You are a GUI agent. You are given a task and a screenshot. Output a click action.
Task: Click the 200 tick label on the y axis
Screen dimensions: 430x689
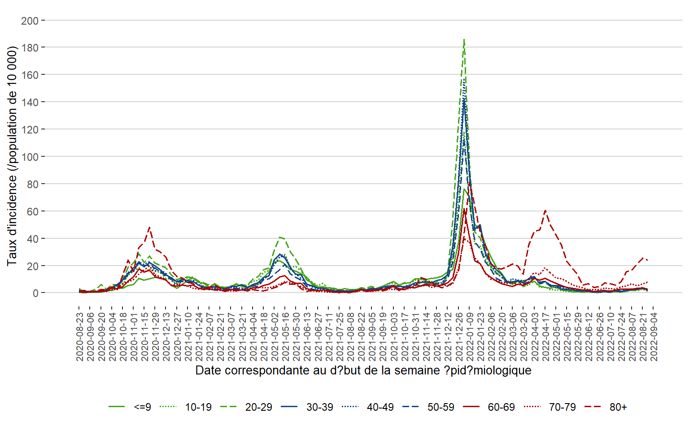pyautogui.click(x=30, y=21)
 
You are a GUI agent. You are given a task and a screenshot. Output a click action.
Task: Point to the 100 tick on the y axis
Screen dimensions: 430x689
pyautogui.click(x=30, y=157)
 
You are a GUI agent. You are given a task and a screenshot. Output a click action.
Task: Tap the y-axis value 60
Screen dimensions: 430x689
pyautogui.click(x=32, y=211)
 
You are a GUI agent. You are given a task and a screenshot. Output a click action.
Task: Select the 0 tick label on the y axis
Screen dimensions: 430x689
pyautogui.click(x=35, y=293)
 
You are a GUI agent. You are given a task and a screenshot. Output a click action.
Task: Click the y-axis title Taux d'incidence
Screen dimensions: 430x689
pyautogui.click(x=12, y=155)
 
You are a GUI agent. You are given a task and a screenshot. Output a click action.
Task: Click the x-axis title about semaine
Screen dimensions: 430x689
pyautogui.click(x=363, y=371)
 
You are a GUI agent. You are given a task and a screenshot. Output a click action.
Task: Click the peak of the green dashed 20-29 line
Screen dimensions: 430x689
pyautogui.click(x=464, y=39)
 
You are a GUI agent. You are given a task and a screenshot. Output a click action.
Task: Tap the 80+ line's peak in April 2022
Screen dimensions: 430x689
pyautogui.click(x=545, y=210)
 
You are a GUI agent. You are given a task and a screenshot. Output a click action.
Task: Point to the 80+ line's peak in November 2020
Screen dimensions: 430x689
pyautogui.click(x=149, y=228)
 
